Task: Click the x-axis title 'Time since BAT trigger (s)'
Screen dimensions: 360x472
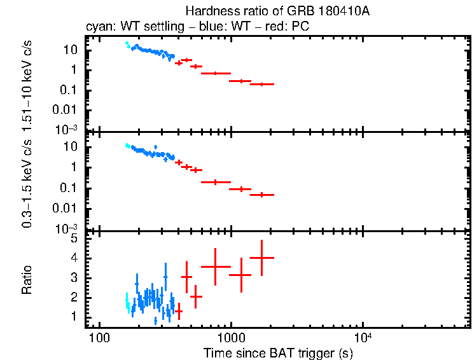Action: point(278,352)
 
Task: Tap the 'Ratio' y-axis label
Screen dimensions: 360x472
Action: point(27,280)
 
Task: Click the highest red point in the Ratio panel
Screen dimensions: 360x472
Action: point(261,258)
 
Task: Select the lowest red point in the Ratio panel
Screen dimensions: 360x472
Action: point(179,311)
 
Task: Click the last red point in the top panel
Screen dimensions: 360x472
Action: point(261,84)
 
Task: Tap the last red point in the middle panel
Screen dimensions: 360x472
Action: point(261,195)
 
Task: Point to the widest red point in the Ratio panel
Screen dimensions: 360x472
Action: point(216,267)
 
